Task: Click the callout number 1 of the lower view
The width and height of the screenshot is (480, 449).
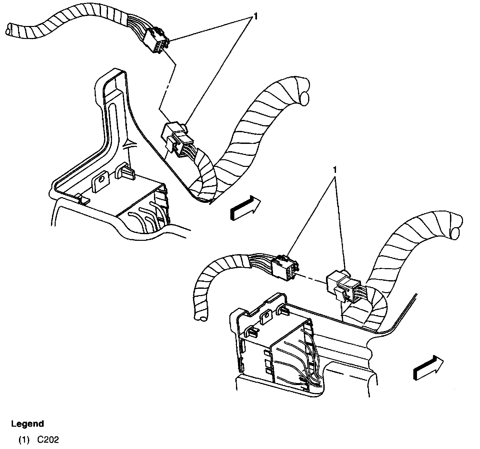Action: tap(335, 170)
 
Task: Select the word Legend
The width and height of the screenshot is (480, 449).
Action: tap(27, 424)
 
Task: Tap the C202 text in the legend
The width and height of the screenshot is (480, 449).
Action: tap(48, 440)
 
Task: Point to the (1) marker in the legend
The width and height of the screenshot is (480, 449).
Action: tap(24, 440)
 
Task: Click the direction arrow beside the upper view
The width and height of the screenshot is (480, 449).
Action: tap(245, 208)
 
